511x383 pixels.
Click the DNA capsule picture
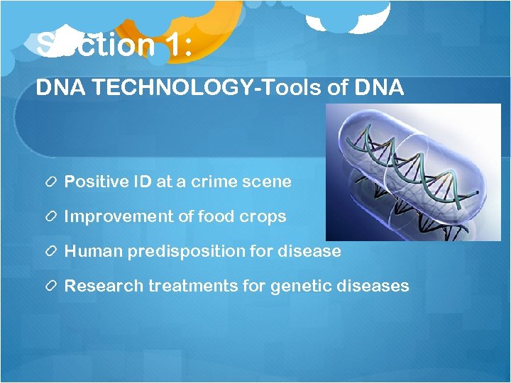[413, 172]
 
